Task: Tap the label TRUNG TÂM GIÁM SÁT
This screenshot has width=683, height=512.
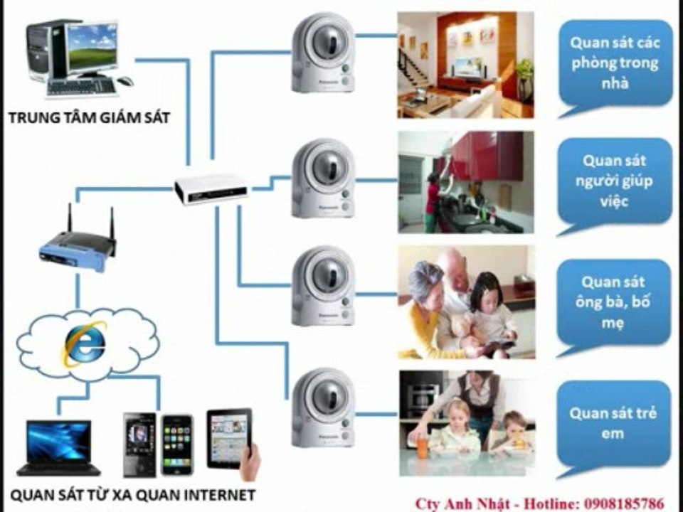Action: [89, 118]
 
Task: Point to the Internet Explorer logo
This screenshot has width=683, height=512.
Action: [85, 343]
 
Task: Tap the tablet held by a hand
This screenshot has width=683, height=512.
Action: [229, 439]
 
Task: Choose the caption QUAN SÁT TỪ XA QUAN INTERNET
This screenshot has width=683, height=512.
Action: [132, 495]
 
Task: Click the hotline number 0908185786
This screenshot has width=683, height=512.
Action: [624, 503]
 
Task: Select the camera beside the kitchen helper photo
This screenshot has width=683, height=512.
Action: [323, 178]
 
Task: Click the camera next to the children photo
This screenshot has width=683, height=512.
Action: [323, 407]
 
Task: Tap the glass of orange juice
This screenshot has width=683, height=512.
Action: [423, 446]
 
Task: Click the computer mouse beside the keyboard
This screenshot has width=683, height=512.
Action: [125, 81]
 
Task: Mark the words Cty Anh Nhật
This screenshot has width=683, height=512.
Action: [462, 504]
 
